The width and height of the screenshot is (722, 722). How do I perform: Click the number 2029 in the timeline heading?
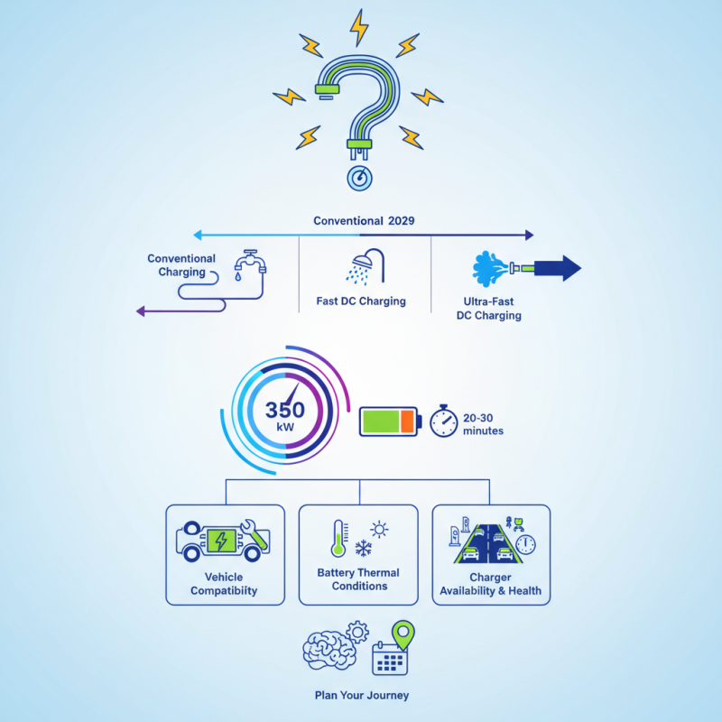401,221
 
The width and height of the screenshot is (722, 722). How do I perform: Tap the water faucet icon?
250,264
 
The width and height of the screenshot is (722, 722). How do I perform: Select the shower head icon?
366,266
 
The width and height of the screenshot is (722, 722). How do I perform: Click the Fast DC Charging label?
361,301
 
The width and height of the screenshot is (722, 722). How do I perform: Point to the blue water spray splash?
489,268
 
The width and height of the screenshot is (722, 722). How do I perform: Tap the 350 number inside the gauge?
285,410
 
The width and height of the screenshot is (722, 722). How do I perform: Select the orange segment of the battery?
407,421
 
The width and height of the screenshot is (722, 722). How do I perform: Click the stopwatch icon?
443,421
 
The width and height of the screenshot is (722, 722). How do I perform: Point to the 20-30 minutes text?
483,424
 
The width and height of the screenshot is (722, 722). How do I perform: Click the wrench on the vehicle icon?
254,533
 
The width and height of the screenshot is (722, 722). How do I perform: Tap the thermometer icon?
338,538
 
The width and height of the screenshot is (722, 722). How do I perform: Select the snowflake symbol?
364,548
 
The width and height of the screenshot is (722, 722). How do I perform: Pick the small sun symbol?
379,530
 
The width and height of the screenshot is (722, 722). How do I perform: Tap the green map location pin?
403,634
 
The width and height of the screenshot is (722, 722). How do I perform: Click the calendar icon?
390,659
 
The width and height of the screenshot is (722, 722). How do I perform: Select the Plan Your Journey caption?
362,695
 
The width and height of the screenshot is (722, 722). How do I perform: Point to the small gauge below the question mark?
359,178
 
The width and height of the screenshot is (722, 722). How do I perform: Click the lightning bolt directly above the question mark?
359,28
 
